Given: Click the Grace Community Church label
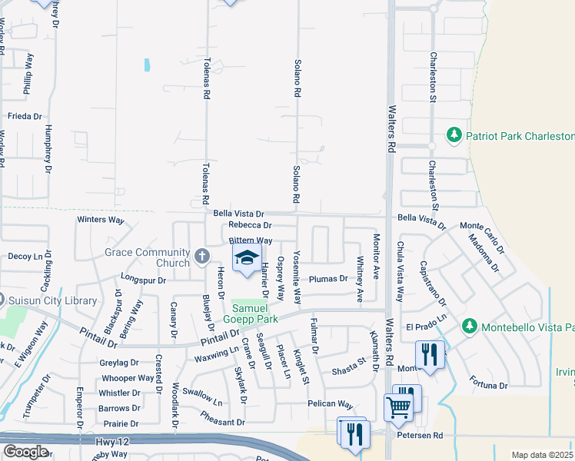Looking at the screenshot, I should (148, 257).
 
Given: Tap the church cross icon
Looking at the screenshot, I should (201, 257).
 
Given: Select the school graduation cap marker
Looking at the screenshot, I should (247, 258).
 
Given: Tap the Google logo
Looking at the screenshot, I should (25, 452).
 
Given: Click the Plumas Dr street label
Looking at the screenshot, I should (328, 279).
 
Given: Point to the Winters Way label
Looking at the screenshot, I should (101, 220).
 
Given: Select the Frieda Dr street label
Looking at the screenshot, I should (24, 116).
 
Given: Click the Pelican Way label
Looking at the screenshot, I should (331, 404).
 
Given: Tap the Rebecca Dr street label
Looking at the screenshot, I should (251, 225).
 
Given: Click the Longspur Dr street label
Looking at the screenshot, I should (144, 280).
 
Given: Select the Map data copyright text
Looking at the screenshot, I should (543, 455).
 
